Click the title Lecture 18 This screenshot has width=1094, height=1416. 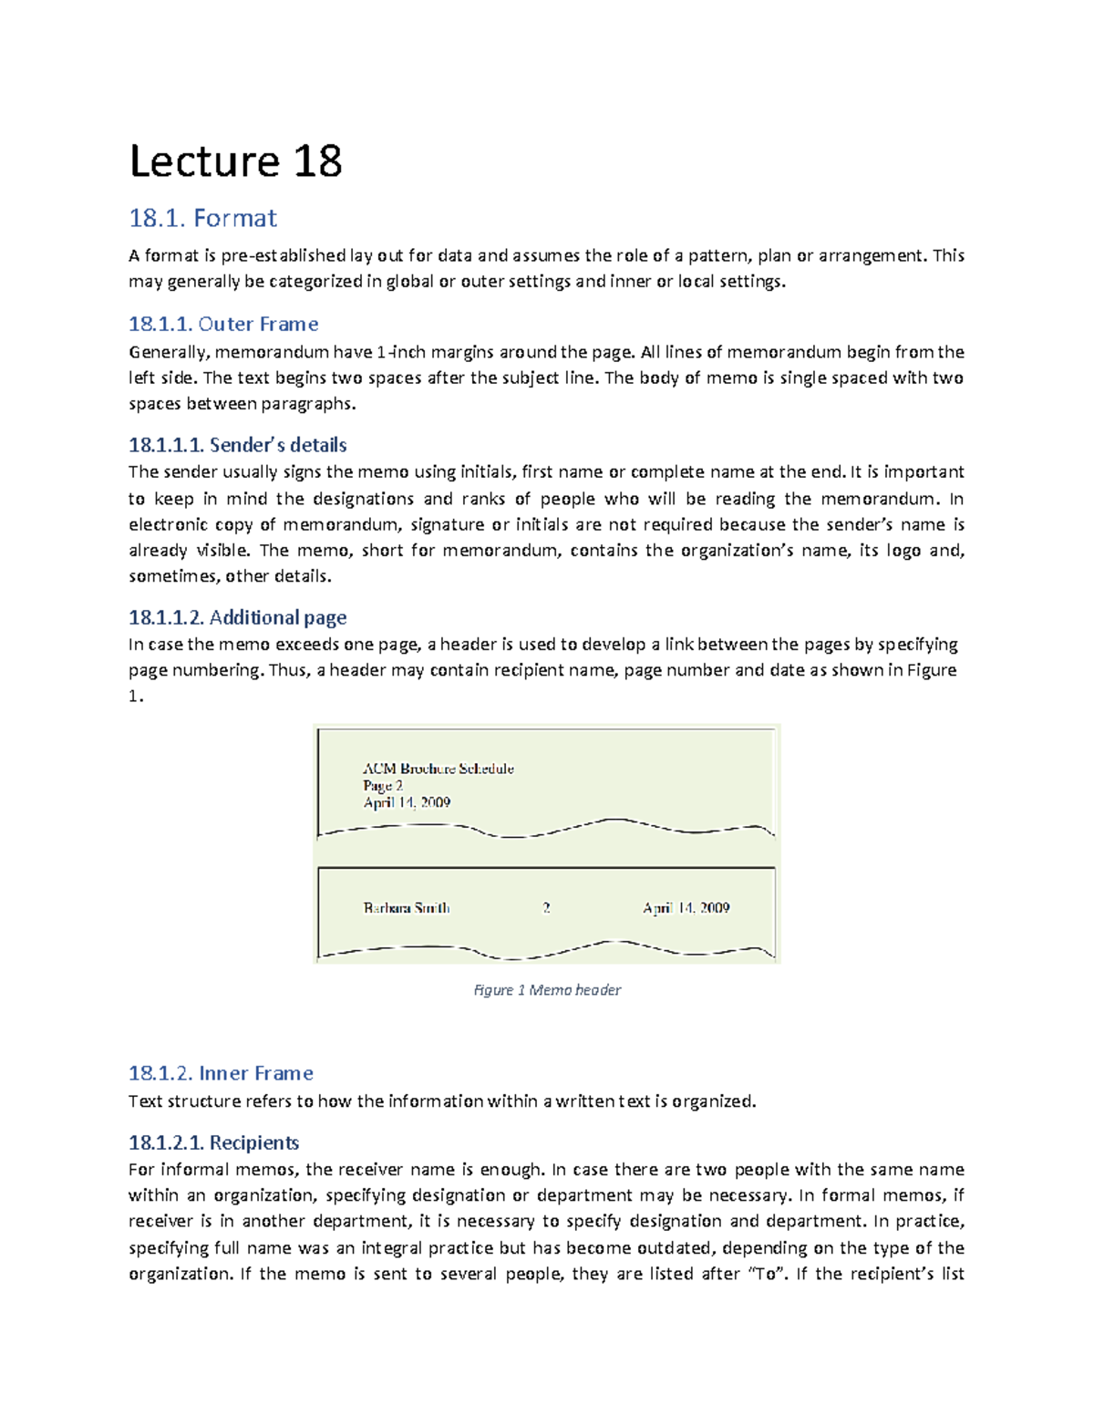[235, 161]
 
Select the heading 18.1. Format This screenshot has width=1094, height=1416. [202, 219]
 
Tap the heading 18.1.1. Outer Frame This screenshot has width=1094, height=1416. [223, 325]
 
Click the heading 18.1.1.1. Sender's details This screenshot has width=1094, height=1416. [237, 445]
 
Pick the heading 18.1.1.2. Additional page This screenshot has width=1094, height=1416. [237, 617]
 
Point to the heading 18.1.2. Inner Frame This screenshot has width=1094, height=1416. [221, 1073]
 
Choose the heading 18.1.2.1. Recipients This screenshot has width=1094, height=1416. [213, 1142]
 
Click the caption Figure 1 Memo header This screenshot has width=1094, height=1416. [547, 990]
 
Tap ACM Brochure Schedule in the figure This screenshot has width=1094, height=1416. [438, 769]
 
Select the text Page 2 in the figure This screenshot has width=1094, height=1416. [382, 786]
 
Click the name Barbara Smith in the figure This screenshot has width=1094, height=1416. [406, 908]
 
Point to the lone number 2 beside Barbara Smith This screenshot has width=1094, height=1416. [546, 908]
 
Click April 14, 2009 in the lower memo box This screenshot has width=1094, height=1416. [686, 908]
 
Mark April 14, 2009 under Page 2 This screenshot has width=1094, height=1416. [407, 802]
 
